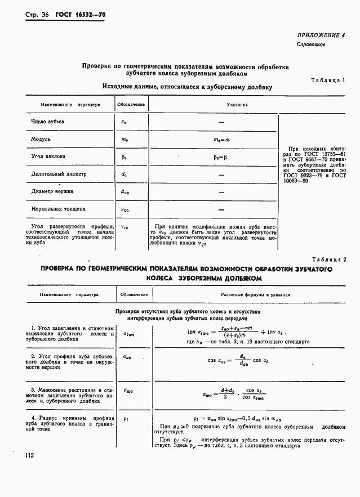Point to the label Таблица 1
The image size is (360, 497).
(x=328, y=80)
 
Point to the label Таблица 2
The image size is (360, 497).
(x=328, y=258)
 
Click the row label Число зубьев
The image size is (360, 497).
(x=48, y=122)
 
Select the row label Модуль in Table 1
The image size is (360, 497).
(x=41, y=138)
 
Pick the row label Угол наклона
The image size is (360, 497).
(x=48, y=156)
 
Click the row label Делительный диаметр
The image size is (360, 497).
(x=59, y=174)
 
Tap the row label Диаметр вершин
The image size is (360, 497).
(x=54, y=191)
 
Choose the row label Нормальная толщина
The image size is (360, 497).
(x=59, y=209)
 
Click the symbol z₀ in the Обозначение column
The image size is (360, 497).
(x=124, y=122)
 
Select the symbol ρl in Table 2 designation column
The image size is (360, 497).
(x=125, y=419)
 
